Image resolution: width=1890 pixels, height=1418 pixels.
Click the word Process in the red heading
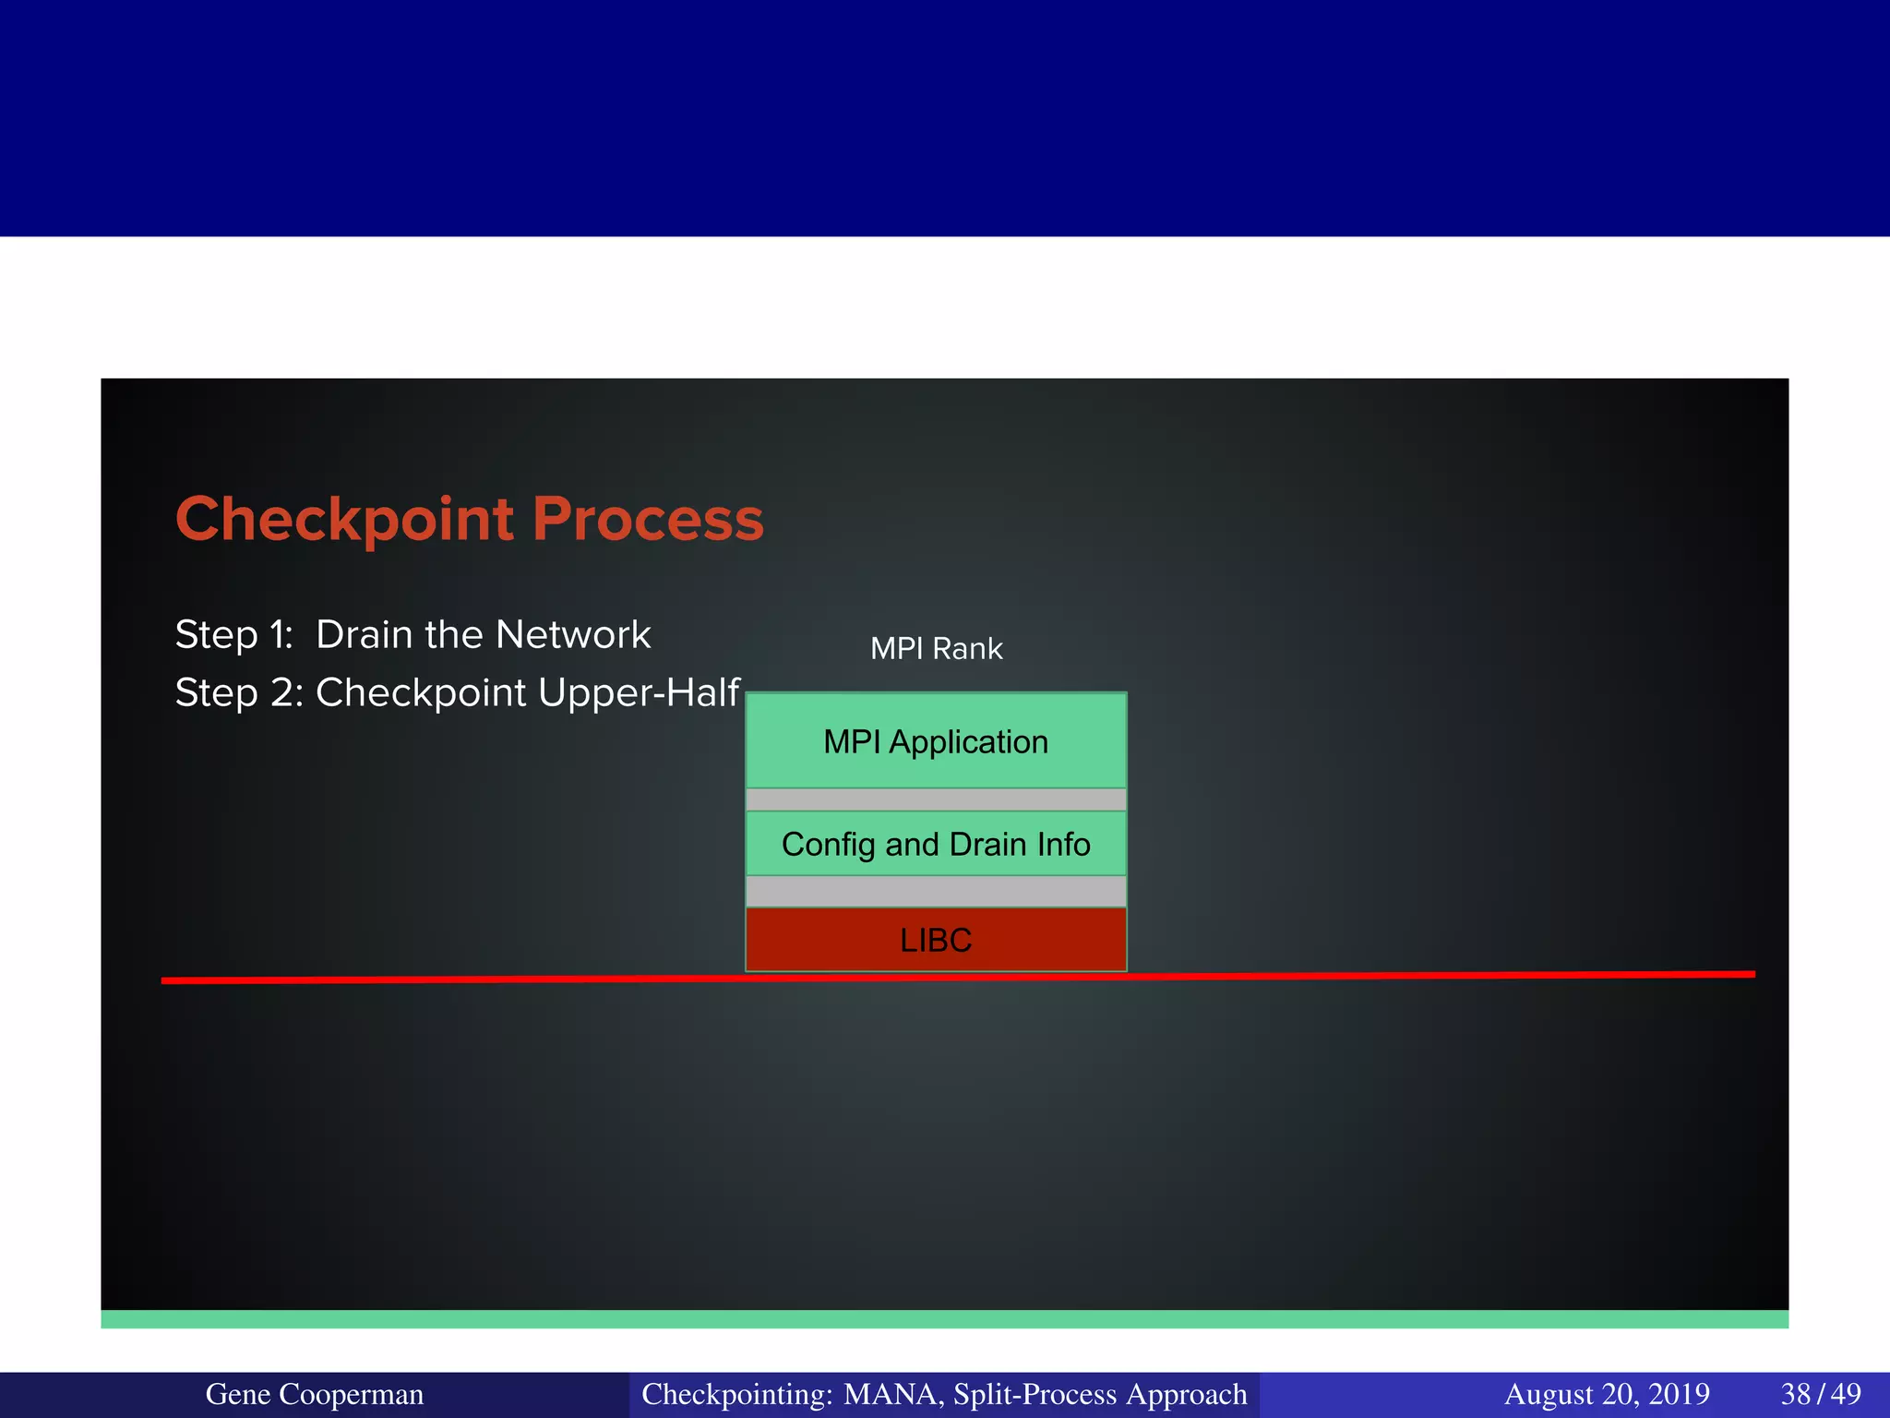(x=648, y=520)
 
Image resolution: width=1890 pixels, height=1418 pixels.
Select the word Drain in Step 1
(x=363, y=635)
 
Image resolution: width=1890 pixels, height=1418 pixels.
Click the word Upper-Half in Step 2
(x=639, y=692)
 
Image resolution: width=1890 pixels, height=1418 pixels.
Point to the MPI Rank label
(x=936, y=649)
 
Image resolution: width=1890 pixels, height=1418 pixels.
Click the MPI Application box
(x=936, y=741)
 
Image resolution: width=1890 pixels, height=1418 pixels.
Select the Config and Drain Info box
(x=936, y=844)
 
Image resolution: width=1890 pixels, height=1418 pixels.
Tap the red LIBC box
(x=936, y=940)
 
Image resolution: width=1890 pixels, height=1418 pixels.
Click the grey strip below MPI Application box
(x=936, y=799)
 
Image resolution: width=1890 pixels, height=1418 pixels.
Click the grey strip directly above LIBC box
(x=936, y=892)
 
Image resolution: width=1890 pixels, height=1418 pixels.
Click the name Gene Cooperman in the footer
(x=314, y=1394)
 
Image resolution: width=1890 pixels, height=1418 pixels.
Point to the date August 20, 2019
(x=1607, y=1394)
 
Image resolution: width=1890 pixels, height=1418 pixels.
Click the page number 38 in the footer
(x=1796, y=1394)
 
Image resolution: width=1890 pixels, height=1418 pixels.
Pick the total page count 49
(x=1846, y=1394)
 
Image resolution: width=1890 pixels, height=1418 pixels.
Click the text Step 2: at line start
(x=238, y=692)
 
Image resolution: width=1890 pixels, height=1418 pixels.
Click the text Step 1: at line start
(x=233, y=635)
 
